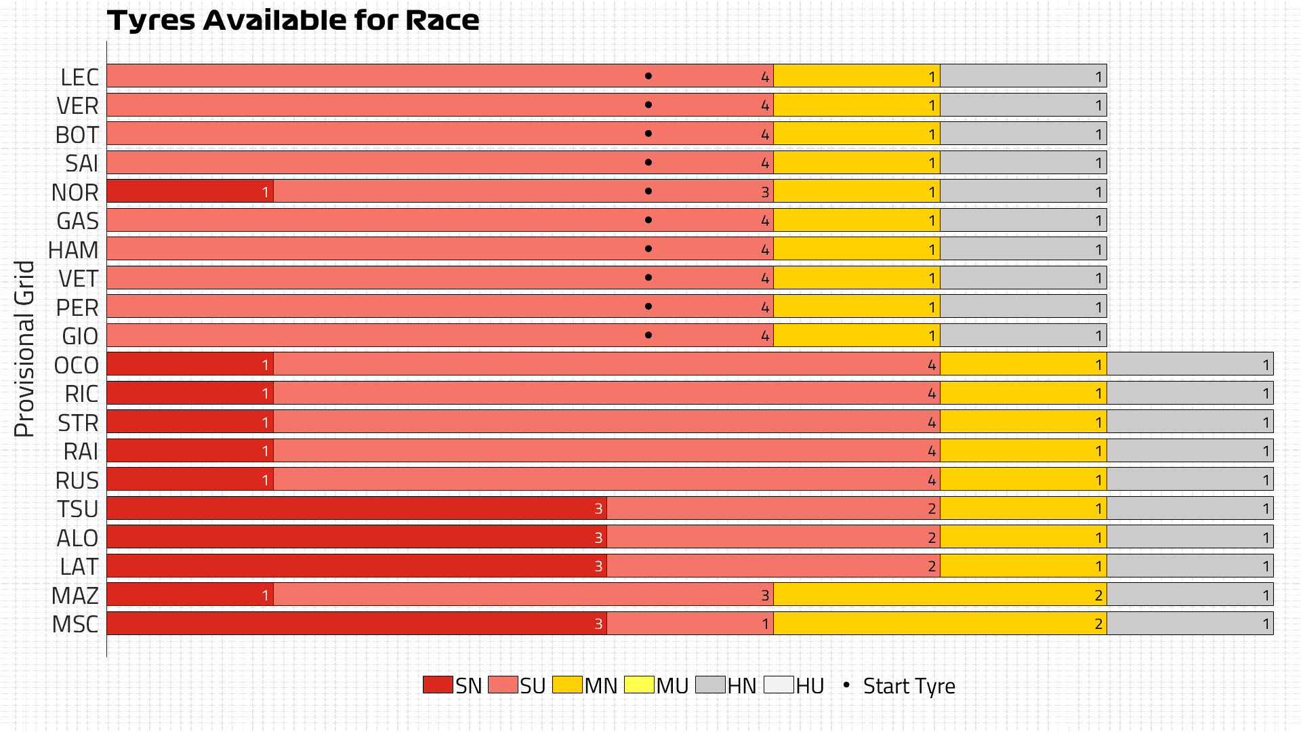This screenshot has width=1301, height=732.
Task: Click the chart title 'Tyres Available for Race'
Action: [293, 20]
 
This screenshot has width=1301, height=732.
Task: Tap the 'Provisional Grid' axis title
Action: [24, 349]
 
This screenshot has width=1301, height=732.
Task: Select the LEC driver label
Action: [79, 77]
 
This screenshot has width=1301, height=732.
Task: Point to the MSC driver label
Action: [75, 624]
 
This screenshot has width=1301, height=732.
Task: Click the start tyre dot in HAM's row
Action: [648, 249]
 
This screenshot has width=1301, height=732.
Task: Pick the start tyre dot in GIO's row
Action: [648, 335]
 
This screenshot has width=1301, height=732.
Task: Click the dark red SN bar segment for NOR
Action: [190, 192]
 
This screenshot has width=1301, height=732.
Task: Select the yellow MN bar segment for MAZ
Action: [940, 595]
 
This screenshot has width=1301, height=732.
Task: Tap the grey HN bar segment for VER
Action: [1023, 105]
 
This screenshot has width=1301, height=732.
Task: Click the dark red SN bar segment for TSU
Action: [356, 508]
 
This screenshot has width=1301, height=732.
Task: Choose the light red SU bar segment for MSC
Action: [690, 624]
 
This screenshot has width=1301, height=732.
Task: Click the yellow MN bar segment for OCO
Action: [1023, 365]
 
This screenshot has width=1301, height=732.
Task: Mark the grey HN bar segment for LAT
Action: [1190, 566]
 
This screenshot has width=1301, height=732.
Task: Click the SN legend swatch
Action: [438, 685]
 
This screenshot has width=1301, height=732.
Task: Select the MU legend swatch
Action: [639, 685]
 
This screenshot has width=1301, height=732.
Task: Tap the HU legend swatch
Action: [779, 685]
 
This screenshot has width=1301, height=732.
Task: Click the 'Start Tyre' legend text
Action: [909, 686]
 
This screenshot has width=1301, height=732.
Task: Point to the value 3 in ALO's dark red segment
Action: [598, 538]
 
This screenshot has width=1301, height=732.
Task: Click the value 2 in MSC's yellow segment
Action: [1098, 624]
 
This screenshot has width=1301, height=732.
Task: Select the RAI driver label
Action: [81, 451]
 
